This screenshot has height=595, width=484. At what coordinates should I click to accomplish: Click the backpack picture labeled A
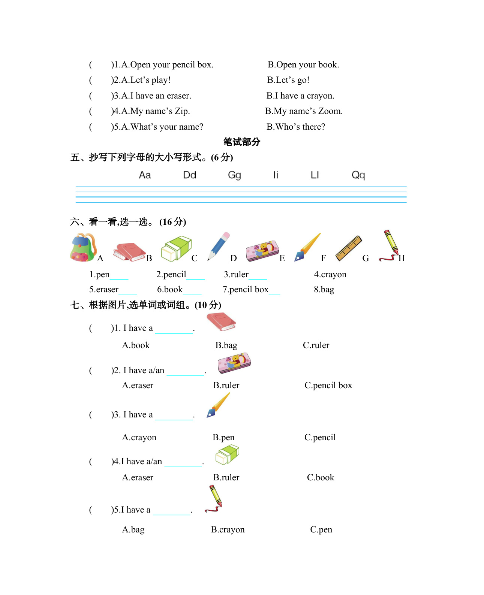83,247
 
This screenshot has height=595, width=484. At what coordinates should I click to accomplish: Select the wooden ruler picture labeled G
348,248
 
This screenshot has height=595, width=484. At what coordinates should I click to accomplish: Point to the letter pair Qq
358,175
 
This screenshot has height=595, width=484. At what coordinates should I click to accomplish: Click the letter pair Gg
234,175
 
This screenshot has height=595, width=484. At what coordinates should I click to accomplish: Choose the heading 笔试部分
242,142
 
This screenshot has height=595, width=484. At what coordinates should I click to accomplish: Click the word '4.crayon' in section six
330,275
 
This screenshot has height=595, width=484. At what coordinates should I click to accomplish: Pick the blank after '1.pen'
119,277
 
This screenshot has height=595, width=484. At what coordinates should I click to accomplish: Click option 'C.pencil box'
328,386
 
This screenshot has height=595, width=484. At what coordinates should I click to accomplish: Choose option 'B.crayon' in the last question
228,530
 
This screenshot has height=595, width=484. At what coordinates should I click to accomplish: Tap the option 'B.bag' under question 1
226,345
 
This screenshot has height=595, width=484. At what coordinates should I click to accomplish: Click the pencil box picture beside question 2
234,363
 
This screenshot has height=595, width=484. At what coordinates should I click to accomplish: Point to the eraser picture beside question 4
227,454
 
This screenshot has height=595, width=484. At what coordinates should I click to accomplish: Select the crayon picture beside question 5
214,499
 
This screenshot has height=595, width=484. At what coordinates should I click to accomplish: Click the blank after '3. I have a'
174,417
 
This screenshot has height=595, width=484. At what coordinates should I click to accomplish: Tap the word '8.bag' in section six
324,290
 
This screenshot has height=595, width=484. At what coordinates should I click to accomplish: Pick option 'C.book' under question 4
320,478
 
